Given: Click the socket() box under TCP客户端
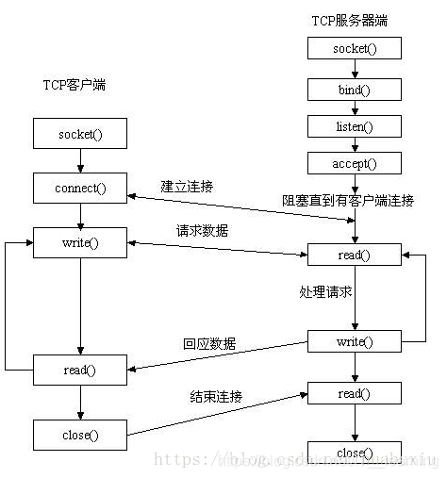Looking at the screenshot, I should (80, 133).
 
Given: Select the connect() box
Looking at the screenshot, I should (80, 188).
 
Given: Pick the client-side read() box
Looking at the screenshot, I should (80, 371).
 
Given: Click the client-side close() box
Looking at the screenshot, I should (80, 435).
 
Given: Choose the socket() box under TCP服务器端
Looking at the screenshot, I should (355, 48).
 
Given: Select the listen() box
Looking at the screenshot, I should (355, 125).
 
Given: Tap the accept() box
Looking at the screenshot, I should (355, 163).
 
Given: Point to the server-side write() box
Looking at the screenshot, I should (355, 341).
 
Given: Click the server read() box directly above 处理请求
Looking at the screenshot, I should (355, 255).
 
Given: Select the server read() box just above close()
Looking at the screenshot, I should (355, 392).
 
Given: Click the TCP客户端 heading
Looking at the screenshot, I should (74, 85).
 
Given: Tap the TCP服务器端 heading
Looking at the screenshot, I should (349, 19).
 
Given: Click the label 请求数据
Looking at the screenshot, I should (202, 230).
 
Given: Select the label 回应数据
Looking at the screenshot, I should (209, 343).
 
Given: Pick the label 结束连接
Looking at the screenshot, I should (215, 396).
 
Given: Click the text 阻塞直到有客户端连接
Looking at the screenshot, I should (348, 200).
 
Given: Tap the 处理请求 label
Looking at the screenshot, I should (320, 292).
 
